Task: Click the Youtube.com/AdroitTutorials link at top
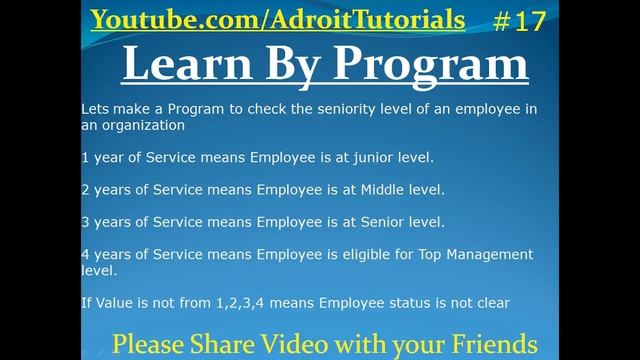(277, 19)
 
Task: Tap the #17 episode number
(519, 20)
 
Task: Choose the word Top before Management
(421, 254)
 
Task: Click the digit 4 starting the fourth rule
(85, 254)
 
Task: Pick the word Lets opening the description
(96, 109)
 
